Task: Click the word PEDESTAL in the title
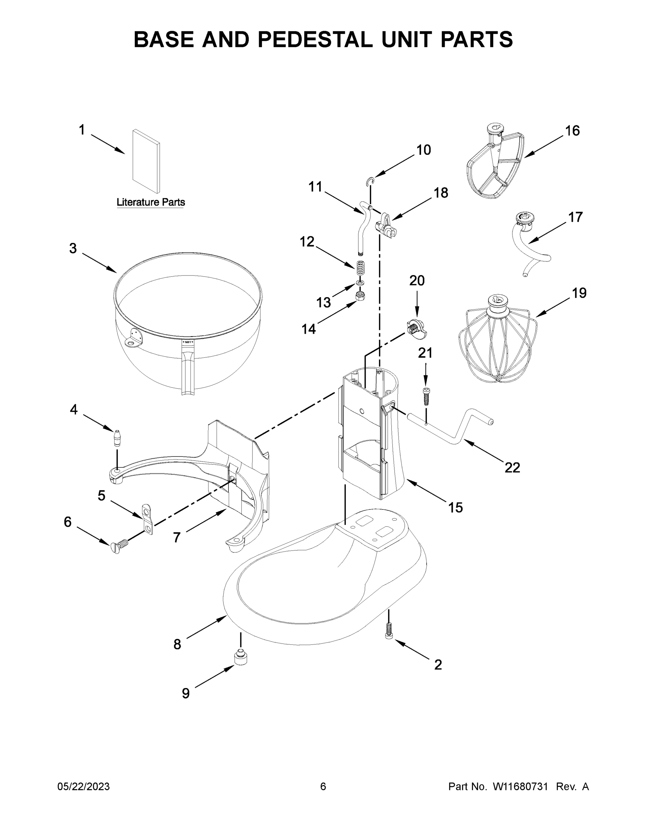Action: click(x=315, y=39)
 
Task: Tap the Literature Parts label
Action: click(x=150, y=202)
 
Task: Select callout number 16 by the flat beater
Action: click(x=573, y=131)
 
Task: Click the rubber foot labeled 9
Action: click(x=240, y=658)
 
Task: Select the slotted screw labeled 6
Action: click(x=119, y=547)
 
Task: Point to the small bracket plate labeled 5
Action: click(x=147, y=519)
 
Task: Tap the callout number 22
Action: click(x=512, y=467)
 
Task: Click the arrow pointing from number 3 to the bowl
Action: click(x=100, y=263)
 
